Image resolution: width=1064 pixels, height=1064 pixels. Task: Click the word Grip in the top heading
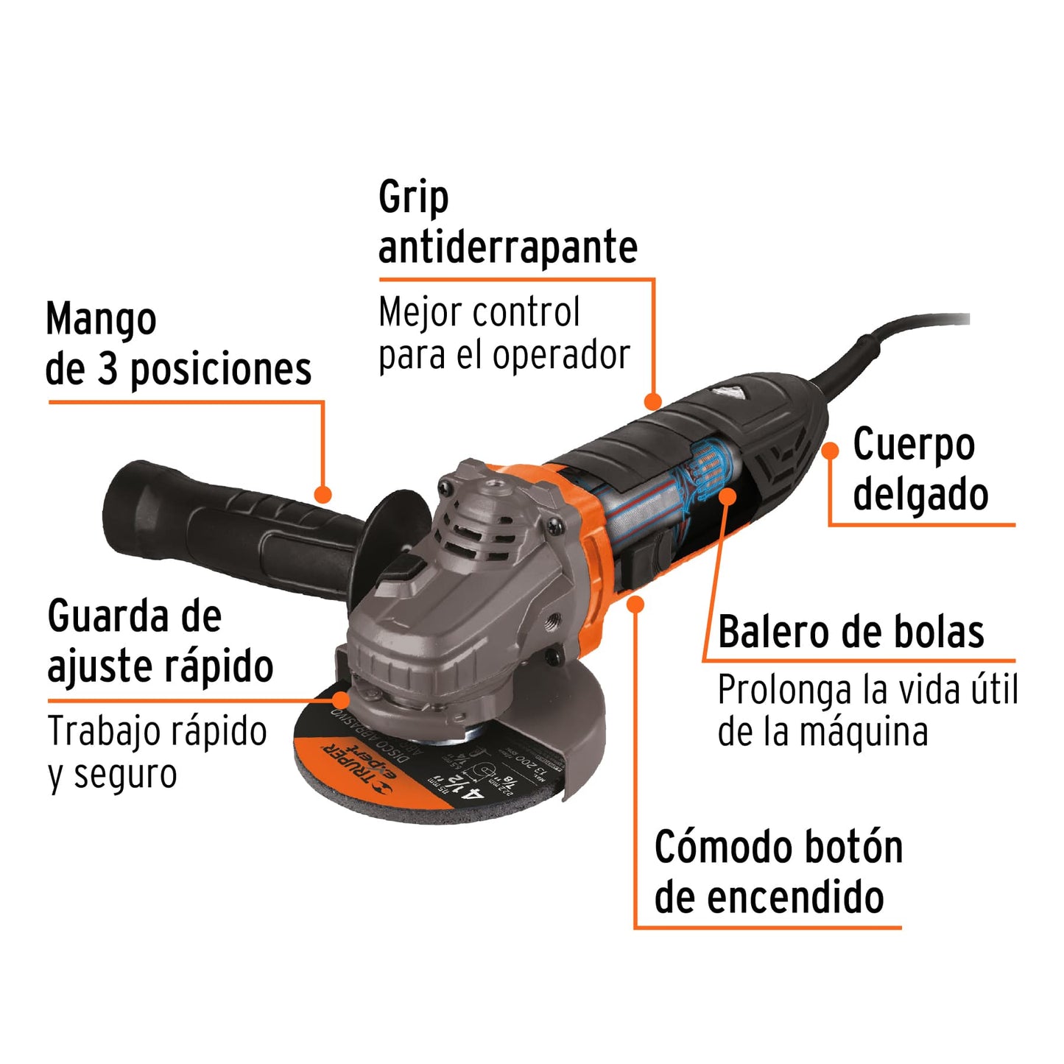pyautogui.click(x=413, y=198)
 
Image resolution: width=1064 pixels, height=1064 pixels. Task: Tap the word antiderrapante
pyautogui.click(x=507, y=247)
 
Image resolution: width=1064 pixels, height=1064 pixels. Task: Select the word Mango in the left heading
pyautogui.click(x=101, y=320)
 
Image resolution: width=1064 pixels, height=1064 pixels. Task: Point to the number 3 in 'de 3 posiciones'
pyautogui.click(x=108, y=368)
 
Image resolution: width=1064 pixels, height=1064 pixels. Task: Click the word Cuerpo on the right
pyautogui.click(x=913, y=445)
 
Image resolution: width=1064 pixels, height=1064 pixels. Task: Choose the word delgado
pyautogui.click(x=920, y=494)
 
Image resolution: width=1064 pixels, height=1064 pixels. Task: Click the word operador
pyautogui.click(x=561, y=356)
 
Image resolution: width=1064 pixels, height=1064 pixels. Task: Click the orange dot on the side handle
pyautogui.click(x=323, y=494)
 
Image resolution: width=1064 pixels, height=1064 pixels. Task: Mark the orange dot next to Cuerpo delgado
pyautogui.click(x=831, y=451)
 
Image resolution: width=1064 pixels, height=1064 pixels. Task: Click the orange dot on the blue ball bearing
pyautogui.click(x=727, y=496)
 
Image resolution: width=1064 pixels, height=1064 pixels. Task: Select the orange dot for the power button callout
pyautogui.click(x=636, y=605)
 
